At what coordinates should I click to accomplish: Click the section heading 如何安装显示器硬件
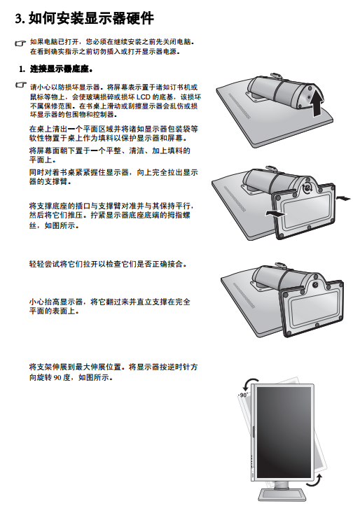click(x=91, y=18)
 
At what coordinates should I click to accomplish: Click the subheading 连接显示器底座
click(x=60, y=69)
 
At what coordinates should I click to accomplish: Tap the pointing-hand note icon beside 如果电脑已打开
click(x=20, y=43)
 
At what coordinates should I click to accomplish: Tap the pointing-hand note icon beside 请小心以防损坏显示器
click(x=21, y=85)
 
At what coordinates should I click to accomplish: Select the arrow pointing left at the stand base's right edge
click(x=343, y=198)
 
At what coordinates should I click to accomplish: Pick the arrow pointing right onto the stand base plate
click(x=275, y=213)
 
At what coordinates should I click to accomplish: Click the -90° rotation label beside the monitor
click(x=242, y=395)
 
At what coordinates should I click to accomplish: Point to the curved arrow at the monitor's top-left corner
click(x=249, y=383)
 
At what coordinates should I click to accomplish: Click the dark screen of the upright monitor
click(x=284, y=432)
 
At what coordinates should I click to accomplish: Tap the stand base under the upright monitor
click(x=282, y=495)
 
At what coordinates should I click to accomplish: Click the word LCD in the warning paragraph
click(x=143, y=97)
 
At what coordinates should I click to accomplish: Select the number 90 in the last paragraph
click(x=57, y=377)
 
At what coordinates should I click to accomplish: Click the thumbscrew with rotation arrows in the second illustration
click(x=307, y=188)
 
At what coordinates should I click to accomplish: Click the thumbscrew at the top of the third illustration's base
click(x=315, y=285)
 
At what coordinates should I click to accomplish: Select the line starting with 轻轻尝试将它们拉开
click(x=108, y=264)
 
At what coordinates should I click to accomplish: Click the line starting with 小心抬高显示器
click(x=110, y=302)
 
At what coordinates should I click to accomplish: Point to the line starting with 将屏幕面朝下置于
click(x=110, y=151)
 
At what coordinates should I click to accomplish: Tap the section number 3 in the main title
click(x=18, y=18)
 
